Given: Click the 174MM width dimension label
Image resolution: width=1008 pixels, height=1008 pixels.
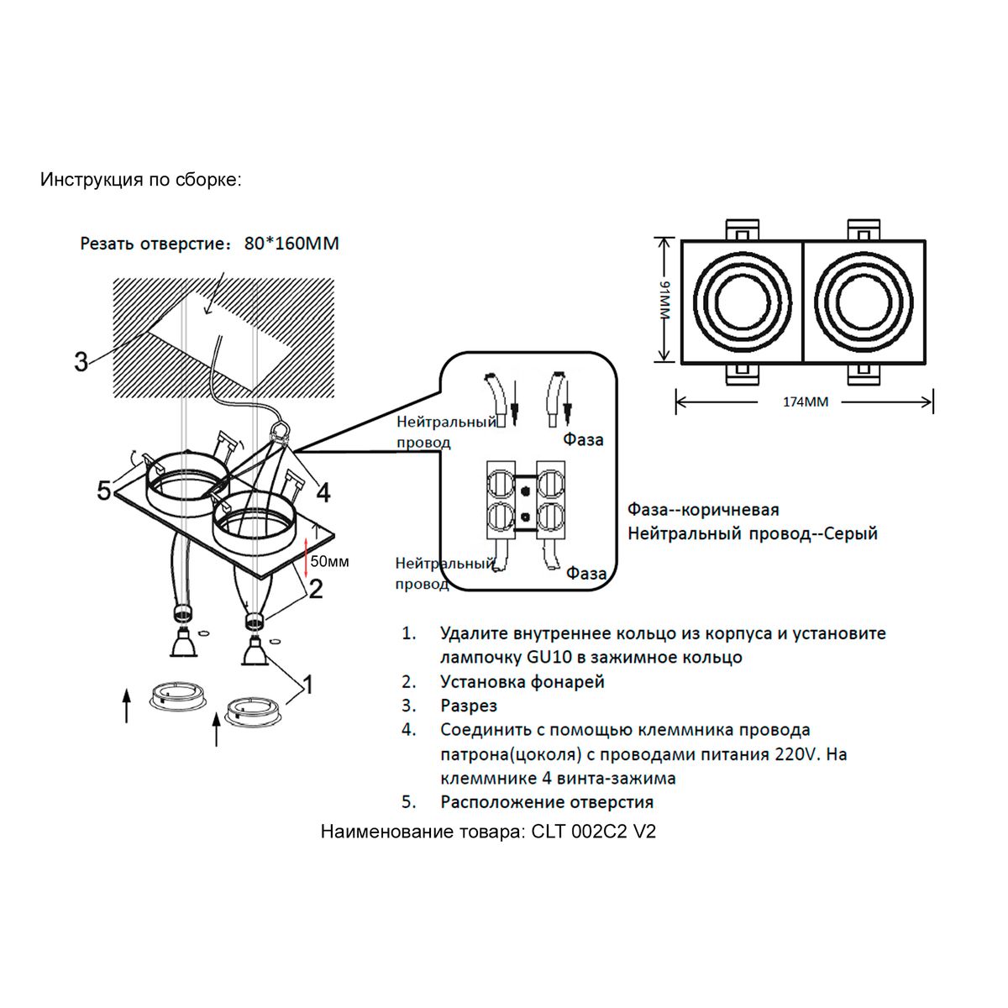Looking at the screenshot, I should [x=806, y=402].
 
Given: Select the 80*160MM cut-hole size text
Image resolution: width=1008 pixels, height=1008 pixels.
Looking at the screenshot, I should [x=291, y=244].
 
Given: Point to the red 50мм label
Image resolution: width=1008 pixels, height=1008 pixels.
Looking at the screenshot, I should [x=329, y=561].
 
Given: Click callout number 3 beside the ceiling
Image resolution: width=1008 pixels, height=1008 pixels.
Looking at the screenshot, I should [x=81, y=363].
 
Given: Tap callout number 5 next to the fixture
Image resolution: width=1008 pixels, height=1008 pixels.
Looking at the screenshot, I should [x=104, y=491].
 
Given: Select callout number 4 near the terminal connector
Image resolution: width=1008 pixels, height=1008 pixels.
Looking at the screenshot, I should [x=323, y=491].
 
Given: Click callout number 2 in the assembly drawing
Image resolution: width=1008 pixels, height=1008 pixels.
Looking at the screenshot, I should [x=316, y=590].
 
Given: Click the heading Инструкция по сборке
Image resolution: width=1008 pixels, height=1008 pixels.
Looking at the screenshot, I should [x=141, y=180].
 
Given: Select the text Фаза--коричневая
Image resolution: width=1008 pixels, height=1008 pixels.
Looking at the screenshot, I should [x=703, y=510].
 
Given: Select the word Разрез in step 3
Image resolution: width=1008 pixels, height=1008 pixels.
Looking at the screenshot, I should [x=469, y=706].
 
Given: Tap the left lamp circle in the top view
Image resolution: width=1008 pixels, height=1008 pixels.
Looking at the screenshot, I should [x=743, y=302].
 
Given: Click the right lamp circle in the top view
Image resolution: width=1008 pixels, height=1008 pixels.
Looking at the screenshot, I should [x=863, y=302].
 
